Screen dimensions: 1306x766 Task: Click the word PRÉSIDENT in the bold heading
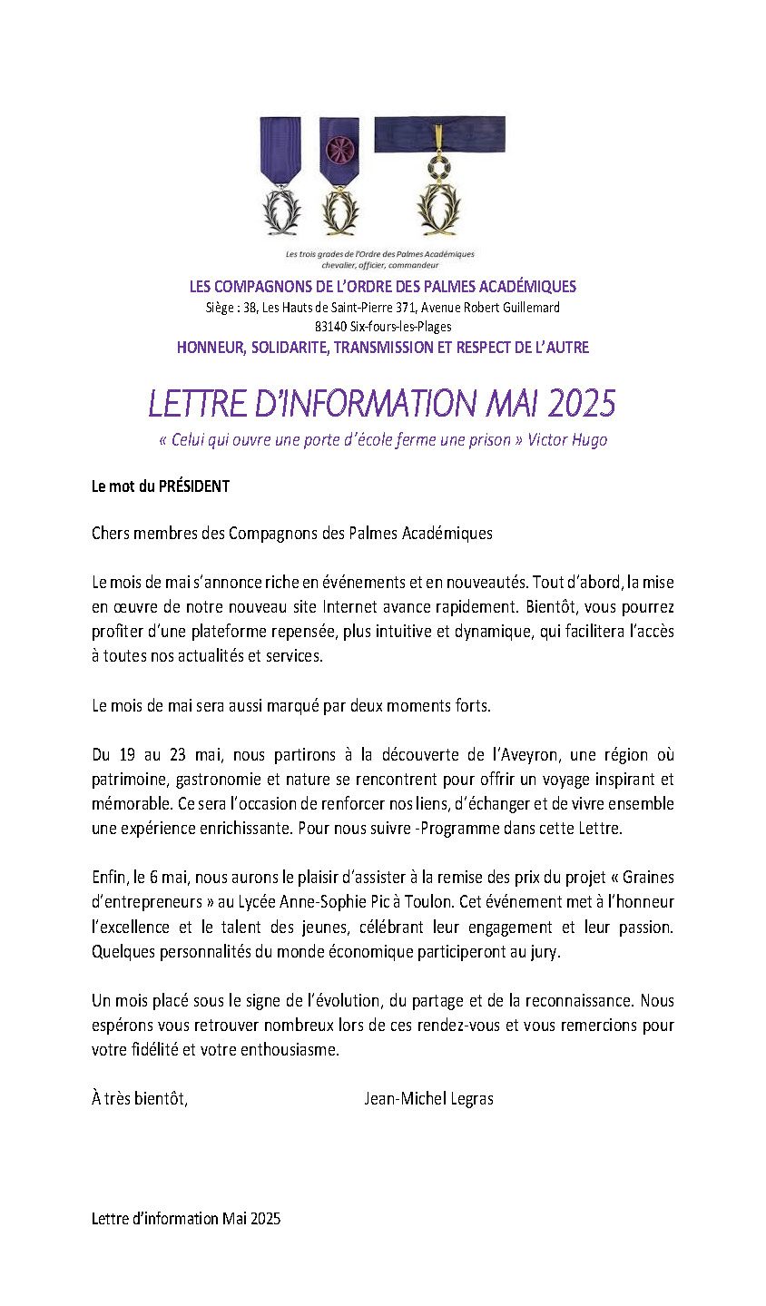[194, 486]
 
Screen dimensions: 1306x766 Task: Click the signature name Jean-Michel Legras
[427, 1098]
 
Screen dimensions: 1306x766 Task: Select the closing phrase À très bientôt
[140, 1098]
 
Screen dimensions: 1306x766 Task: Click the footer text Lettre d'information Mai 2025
[186, 1219]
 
